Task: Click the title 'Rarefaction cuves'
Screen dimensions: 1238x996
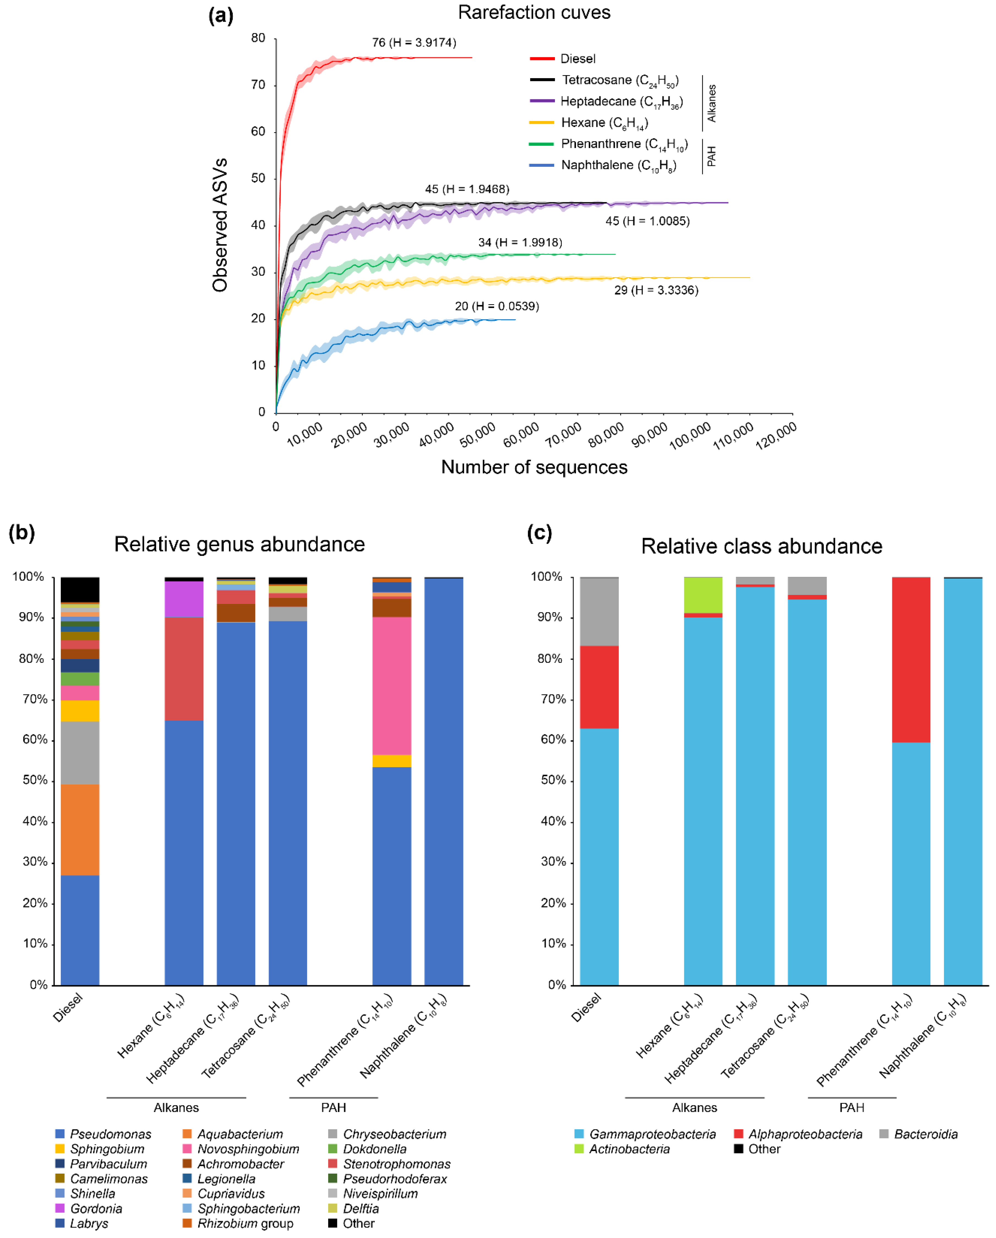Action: [534, 13]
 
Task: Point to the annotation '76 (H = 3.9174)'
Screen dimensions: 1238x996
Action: [414, 42]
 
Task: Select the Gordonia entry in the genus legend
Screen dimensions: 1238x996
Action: [96, 1209]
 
